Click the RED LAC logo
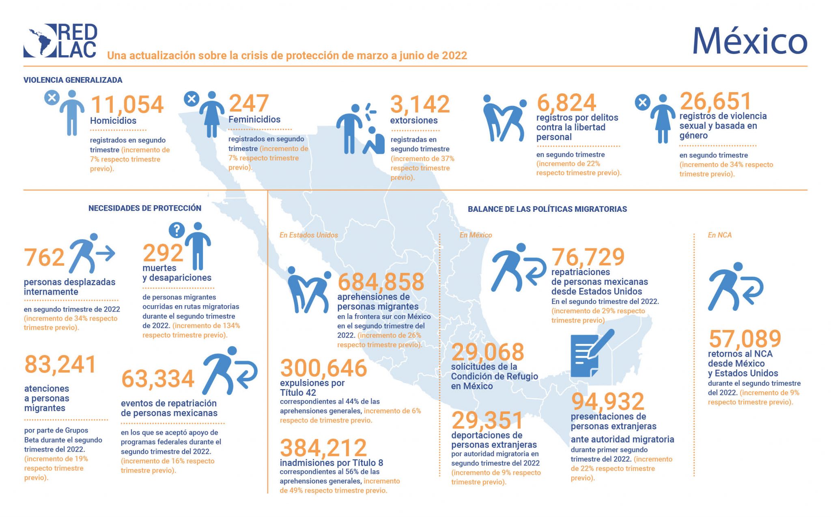[x=60, y=41]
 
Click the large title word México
[x=749, y=41]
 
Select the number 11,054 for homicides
[x=127, y=105]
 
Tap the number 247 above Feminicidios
[x=249, y=103]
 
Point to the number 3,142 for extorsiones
[x=420, y=104]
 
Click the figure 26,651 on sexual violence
[x=716, y=101]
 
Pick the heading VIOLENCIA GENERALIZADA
[x=73, y=80]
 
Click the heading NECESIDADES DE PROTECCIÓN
[x=145, y=208]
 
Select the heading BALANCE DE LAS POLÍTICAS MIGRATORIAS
[x=547, y=209]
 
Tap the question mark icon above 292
[x=177, y=230]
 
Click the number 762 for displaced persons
[x=44, y=258]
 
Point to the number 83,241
[x=60, y=364]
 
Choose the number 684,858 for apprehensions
[x=381, y=282]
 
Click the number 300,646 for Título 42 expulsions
[x=323, y=368]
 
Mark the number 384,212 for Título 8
[x=323, y=448]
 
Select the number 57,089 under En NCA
[x=745, y=338]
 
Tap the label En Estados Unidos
[x=308, y=235]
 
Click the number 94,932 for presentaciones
[x=607, y=401]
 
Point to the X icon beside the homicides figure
[x=52, y=98]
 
